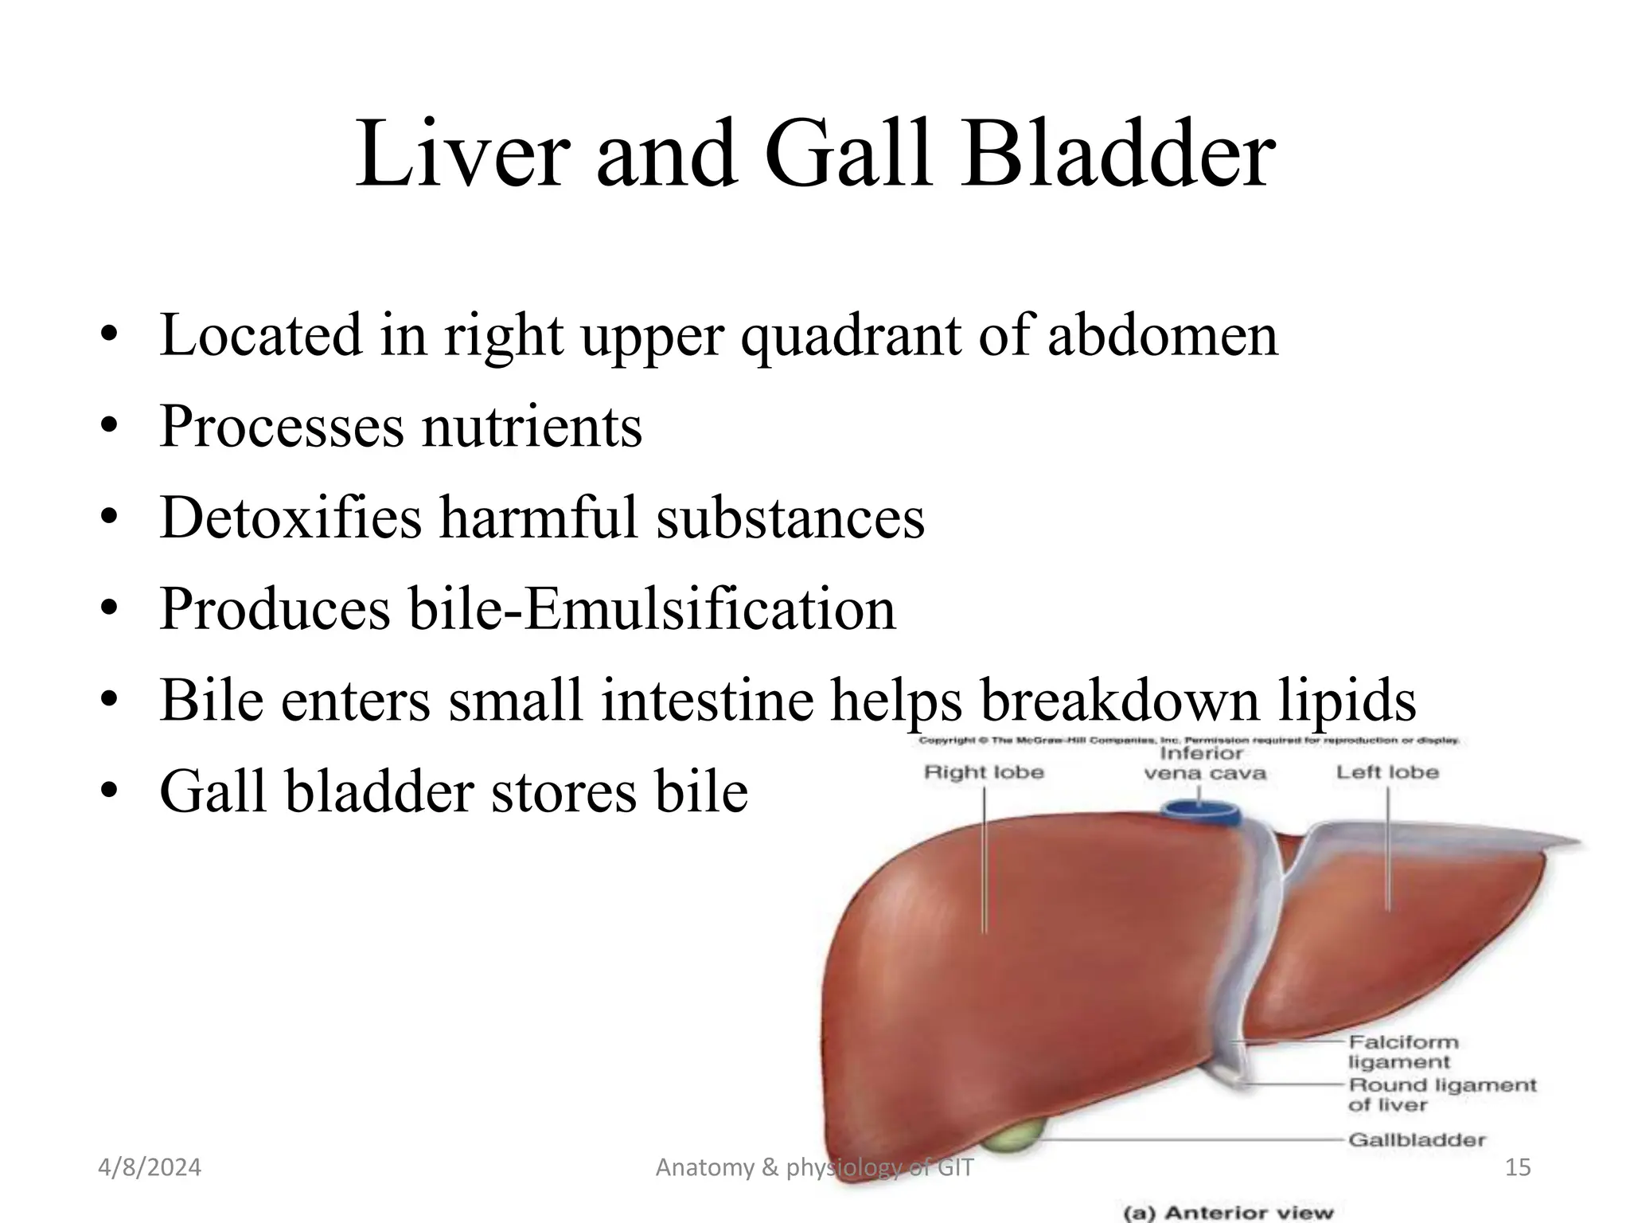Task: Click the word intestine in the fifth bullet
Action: [707, 700]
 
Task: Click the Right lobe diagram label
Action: [984, 772]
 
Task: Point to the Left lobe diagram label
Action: [1387, 772]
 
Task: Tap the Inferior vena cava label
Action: [1203, 763]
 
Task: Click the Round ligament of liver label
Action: [1441, 1095]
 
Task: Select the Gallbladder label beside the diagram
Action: [1417, 1139]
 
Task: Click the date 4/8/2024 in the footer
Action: [150, 1167]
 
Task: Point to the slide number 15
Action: [1518, 1167]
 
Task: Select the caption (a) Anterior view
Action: [1227, 1213]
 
